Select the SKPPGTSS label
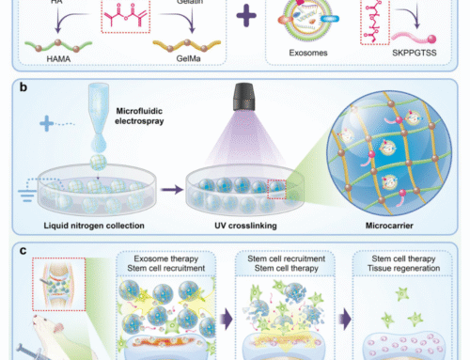(419, 56)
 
